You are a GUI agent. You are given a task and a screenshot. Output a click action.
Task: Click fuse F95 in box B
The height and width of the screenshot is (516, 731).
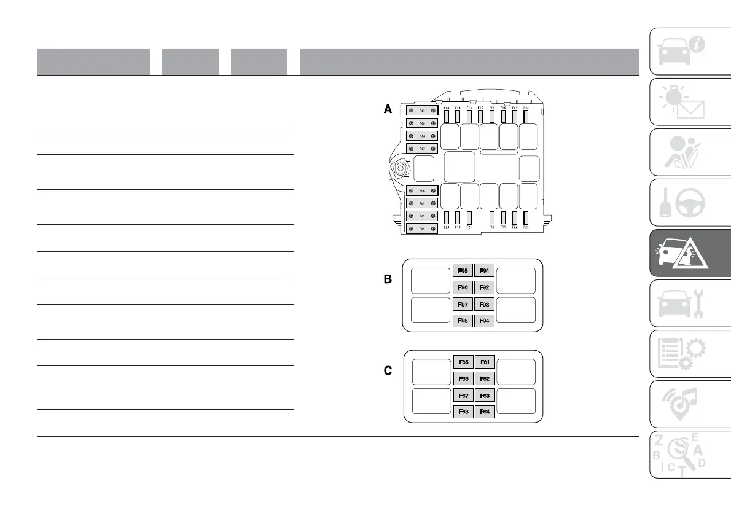click(463, 270)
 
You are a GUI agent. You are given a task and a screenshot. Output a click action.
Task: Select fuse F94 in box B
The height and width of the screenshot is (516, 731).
click(485, 320)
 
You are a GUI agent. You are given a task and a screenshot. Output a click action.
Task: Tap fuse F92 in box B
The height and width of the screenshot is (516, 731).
click(485, 287)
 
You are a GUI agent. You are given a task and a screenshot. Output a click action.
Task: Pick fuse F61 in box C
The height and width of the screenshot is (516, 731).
click(485, 362)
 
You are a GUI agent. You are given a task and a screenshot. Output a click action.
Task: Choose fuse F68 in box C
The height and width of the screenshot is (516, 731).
click(463, 412)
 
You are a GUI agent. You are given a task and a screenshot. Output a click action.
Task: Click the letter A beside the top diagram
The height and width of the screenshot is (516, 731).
click(388, 109)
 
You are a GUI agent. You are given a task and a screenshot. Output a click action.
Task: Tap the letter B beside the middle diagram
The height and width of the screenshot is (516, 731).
click(388, 279)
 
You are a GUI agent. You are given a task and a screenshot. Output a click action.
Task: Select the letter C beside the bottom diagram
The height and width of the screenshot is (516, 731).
click(388, 372)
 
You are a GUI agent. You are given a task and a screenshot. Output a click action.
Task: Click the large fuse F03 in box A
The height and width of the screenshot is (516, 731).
click(423, 111)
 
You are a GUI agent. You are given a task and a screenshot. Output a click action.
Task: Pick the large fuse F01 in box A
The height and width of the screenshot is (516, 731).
click(423, 229)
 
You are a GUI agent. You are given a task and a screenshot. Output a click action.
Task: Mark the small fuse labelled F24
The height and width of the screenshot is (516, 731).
click(447, 115)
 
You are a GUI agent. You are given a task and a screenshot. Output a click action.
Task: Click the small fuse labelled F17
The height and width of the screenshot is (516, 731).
click(492, 217)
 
